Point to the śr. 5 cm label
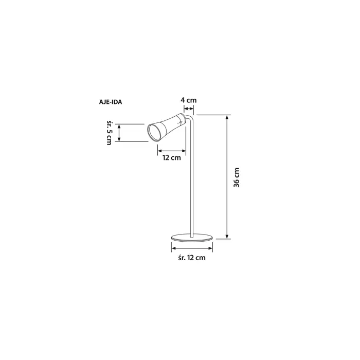tap(109, 132)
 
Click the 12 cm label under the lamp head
tap(171, 158)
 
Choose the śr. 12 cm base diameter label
tap(191, 258)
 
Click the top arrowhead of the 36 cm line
tap(227, 117)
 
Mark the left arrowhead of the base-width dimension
tap(172, 248)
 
